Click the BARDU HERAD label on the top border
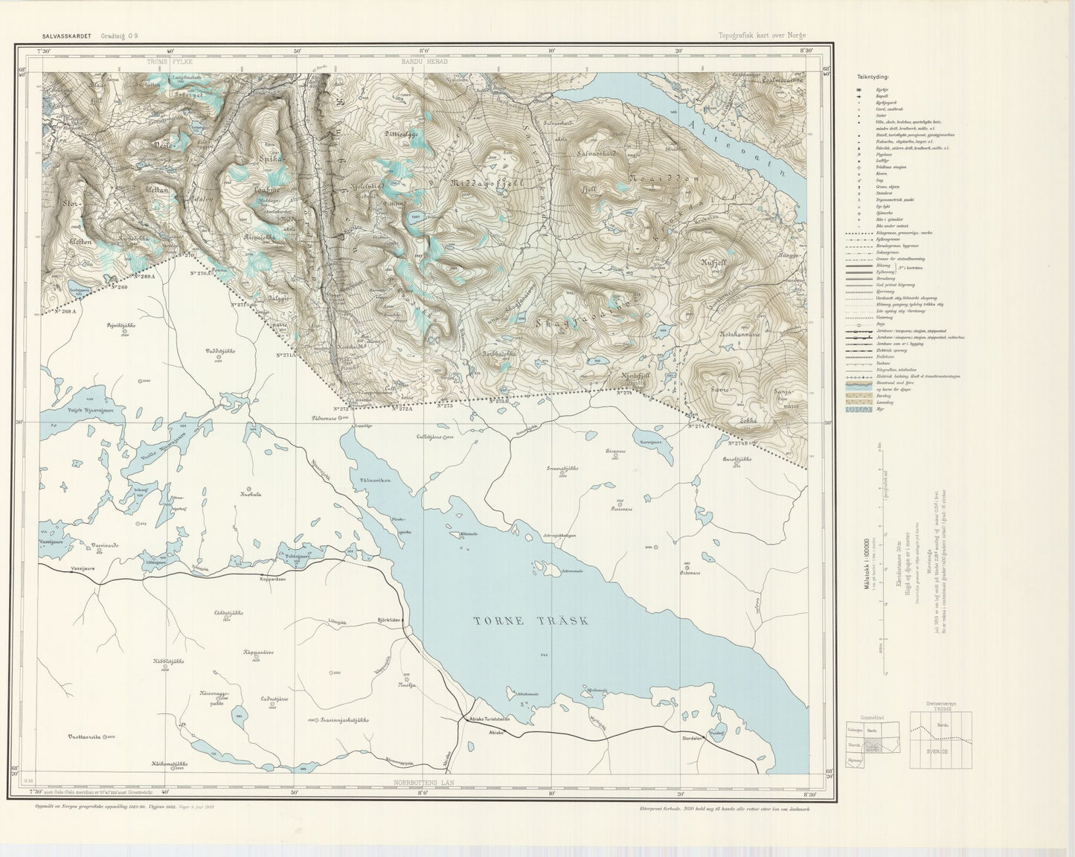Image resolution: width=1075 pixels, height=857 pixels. pyautogui.click(x=425, y=61)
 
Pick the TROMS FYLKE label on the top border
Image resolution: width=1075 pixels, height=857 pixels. pyautogui.click(x=170, y=61)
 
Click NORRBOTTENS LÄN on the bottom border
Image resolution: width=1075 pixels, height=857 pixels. pyautogui.click(x=425, y=783)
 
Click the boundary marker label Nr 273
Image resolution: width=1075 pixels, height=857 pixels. pyautogui.click(x=445, y=406)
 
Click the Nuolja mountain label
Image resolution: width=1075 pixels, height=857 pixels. pyautogui.click(x=407, y=686)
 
